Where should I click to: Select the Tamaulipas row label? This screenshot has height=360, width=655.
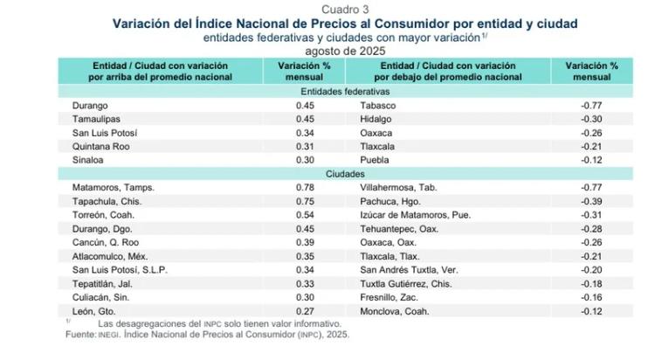(x=96, y=119)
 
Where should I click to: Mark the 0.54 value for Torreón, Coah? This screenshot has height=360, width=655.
(x=304, y=214)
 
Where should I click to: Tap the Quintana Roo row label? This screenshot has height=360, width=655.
(x=100, y=146)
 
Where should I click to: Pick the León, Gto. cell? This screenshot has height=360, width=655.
(x=93, y=310)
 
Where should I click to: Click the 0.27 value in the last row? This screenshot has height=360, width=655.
(x=304, y=310)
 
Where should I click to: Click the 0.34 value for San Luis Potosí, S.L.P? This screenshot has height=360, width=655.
(x=304, y=269)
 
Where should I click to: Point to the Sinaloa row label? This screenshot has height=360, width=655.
(x=88, y=160)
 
